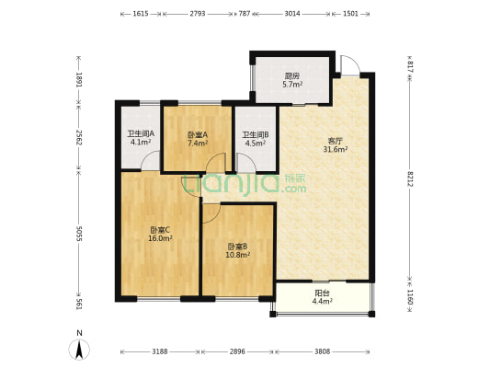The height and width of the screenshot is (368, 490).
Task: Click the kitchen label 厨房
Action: pyautogui.click(x=292, y=76)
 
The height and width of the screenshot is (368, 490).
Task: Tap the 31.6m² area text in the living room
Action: pyautogui.click(x=336, y=149)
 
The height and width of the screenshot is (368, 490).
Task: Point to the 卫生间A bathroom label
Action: pyautogui.click(x=141, y=133)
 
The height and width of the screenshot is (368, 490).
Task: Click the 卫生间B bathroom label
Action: pyautogui.click(x=256, y=135)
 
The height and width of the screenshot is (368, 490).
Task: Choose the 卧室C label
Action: pyautogui.click(x=160, y=230)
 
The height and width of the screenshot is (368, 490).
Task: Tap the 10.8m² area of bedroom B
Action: pyautogui.click(x=238, y=255)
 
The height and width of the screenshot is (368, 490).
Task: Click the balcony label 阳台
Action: pyautogui.click(x=322, y=293)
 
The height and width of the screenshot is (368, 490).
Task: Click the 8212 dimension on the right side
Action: pyautogui.click(x=410, y=178)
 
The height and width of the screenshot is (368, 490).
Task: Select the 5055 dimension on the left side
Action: pyautogui.click(x=79, y=234)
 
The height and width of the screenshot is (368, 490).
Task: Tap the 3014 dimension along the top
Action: pyautogui.click(x=291, y=14)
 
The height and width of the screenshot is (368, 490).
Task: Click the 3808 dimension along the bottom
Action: pyautogui.click(x=322, y=351)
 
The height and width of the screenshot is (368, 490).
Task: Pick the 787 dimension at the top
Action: pyautogui.click(x=245, y=14)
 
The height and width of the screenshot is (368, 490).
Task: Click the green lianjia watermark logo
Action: pyautogui.click(x=245, y=185)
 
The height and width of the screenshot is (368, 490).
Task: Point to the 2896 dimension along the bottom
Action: pyautogui.click(x=237, y=351)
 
